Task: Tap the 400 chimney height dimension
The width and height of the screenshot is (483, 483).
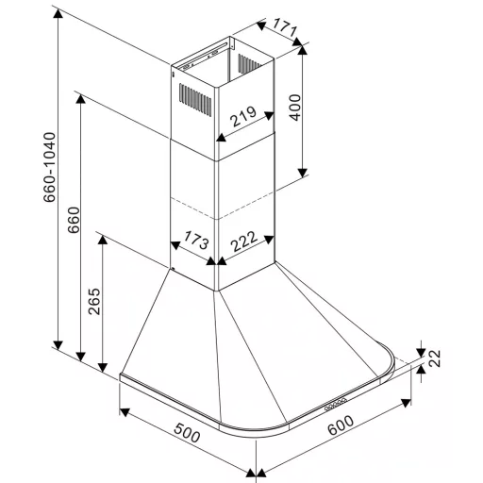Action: [295, 108]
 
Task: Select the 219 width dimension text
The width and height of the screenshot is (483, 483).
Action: [243, 116]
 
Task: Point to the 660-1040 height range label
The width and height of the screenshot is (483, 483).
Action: [50, 167]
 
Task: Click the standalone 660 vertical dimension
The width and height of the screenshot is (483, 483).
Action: [75, 220]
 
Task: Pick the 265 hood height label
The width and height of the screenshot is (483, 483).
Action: [94, 301]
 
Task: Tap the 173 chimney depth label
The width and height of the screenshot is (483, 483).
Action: [196, 240]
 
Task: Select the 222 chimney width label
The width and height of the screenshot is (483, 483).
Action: [244, 241]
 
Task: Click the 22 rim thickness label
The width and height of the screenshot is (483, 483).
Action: [435, 358]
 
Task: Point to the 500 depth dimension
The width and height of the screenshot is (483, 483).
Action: [188, 433]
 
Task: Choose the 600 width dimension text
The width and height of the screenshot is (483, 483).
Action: [341, 425]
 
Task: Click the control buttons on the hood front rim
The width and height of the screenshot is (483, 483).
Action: [336, 404]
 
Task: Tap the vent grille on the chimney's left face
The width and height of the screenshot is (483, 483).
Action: [195, 100]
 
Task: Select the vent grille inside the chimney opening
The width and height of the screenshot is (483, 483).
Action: [249, 64]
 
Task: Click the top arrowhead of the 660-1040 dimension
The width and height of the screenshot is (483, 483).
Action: [58, 13]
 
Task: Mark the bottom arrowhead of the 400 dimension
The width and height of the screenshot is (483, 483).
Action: [303, 173]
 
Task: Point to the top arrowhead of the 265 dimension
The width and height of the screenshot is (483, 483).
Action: [103, 240]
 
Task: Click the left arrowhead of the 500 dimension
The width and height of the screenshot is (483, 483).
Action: [125, 411]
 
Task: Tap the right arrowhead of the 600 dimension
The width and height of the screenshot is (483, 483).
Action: [406, 403]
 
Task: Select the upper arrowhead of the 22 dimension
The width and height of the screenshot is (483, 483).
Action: [421, 353]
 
